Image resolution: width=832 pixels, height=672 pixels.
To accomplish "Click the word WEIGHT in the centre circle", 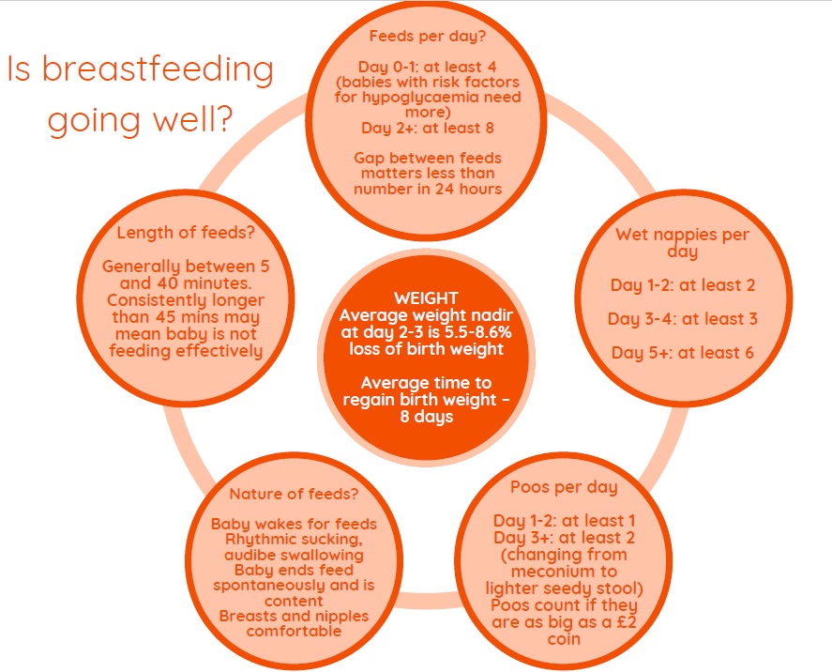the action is pyautogui.click(x=426, y=298).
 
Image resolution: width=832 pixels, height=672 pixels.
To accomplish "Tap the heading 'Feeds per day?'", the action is pyautogui.click(x=428, y=37).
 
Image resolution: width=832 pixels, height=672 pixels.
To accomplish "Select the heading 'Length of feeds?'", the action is pyautogui.click(x=186, y=233).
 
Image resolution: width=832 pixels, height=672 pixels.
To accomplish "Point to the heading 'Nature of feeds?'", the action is pyautogui.click(x=294, y=495).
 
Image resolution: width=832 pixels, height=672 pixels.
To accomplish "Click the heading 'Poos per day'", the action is pyautogui.click(x=564, y=488).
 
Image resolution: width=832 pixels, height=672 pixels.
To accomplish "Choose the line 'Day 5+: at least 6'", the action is pyautogui.click(x=682, y=353).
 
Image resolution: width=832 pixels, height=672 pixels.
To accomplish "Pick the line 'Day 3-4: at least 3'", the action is pyautogui.click(x=682, y=319).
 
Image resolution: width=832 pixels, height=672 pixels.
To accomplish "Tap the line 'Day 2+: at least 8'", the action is pyautogui.click(x=428, y=129).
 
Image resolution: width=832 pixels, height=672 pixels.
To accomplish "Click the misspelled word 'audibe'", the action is pyautogui.click(x=249, y=556).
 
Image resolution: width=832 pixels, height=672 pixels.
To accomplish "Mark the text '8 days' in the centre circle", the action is pyautogui.click(x=427, y=417).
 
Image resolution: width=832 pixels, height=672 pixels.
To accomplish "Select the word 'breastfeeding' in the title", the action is pyautogui.click(x=158, y=69).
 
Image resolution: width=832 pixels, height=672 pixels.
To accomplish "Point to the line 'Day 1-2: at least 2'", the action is pyautogui.click(x=682, y=285).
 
